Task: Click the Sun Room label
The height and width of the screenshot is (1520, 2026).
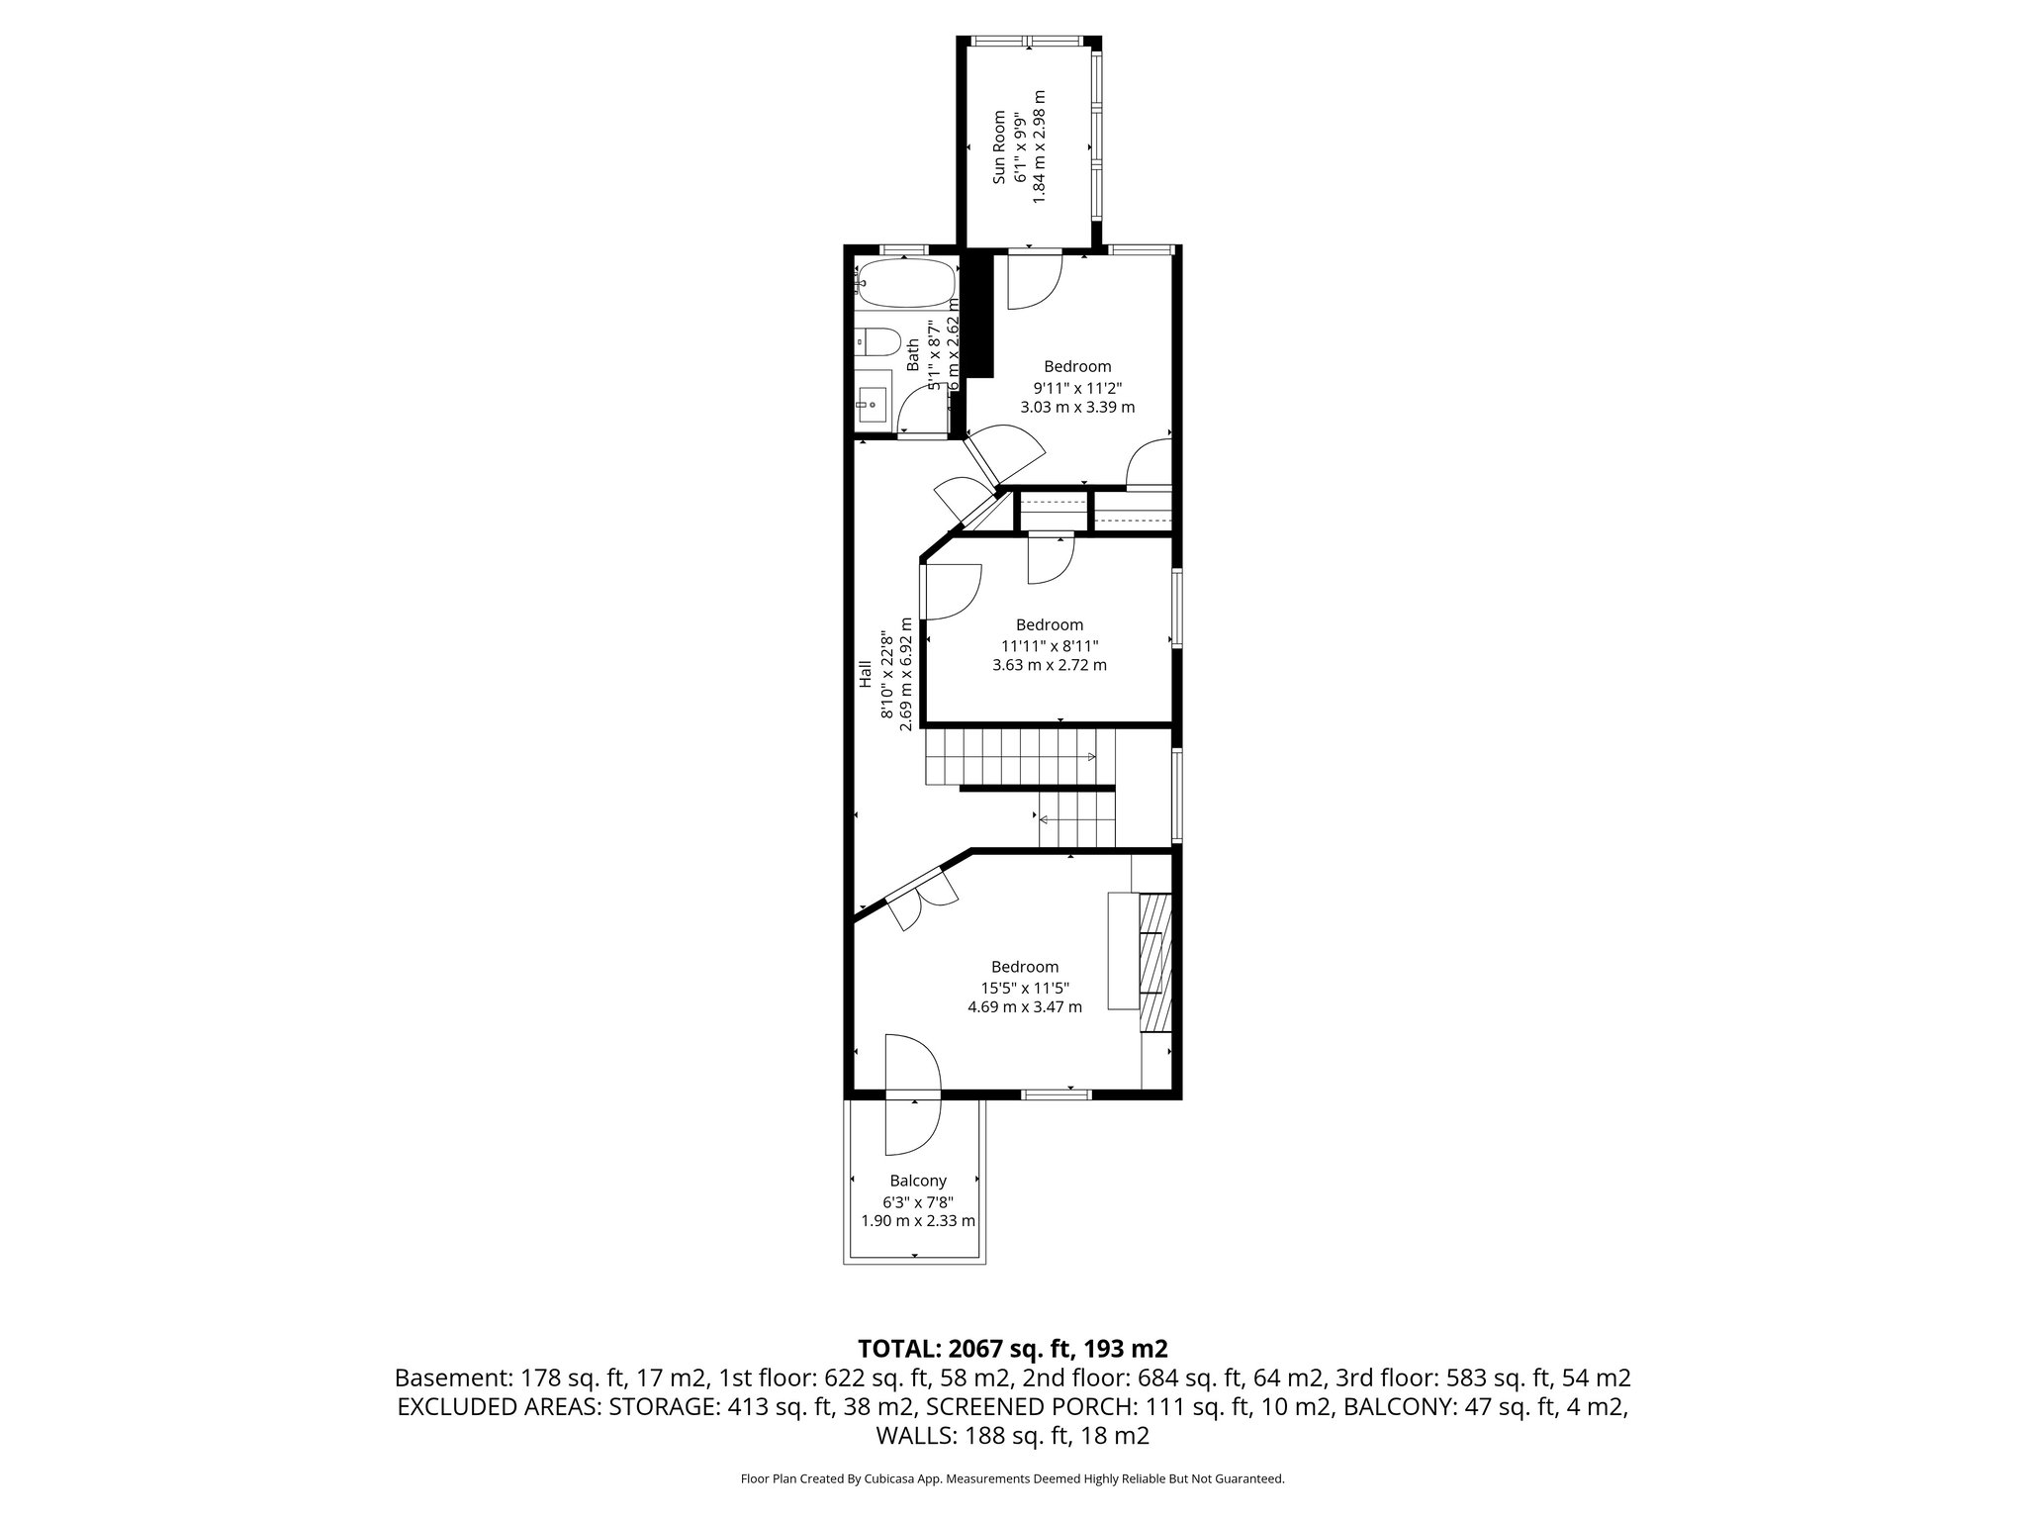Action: (x=999, y=146)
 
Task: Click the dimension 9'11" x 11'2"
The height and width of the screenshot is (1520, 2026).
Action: (x=1077, y=387)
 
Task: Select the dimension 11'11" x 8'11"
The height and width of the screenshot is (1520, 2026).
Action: (x=1050, y=645)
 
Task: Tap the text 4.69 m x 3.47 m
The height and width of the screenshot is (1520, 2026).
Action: (x=1024, y=1007)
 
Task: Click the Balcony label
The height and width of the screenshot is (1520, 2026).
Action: (x=917, y=1181)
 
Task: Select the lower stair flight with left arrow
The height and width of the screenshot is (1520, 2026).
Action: (x=1076, y=819)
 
